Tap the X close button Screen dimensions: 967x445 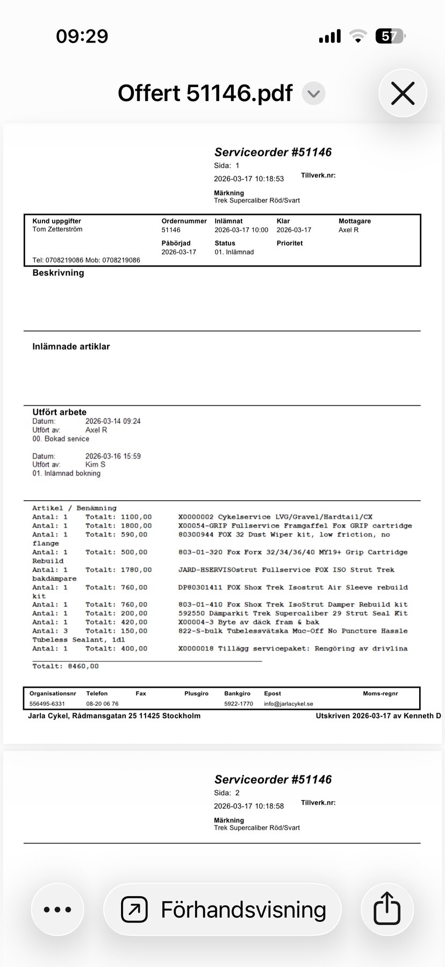pyautogui.click(x=403, y=93)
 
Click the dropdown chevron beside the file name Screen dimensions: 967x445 pyautogui.click(x=313, y=94)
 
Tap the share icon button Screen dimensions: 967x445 pyautogui.click(x=387, y=909)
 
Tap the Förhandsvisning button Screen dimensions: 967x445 pyautogui.click(x=223, y=909)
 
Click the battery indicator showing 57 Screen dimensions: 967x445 pyautogui.click(x=390, y=37)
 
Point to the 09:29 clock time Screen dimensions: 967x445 pyautogui.click(x=82, y=37)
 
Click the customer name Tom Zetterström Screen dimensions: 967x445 pyautogui.click(x=58, y=229)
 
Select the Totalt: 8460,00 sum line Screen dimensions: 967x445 pyautogui.click(x=66, y=666)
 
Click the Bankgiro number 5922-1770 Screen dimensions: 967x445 pyautogui.click(x=239, y=704)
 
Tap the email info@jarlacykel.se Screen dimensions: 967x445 pyautogui.click(x=289, y=704)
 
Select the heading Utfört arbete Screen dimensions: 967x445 pyautogui.click(x=59, y=412)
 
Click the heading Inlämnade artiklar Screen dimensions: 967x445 pyautogui.click(x=71, y=347)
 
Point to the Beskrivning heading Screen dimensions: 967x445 pyautogui.click(x=58, y=273)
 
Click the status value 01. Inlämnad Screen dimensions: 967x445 pyautogui.click(x=234, y=252)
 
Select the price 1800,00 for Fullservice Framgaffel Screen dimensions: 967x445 pyautogui.click(x=137, y=526)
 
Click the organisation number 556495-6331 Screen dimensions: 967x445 pyautogui.click(x=47, y=704)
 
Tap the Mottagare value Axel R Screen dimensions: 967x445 pyautogui.click(x=348, y=230)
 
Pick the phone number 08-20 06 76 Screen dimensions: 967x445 pyautogui.click(x=102, y=704)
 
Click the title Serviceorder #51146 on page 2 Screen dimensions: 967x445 pyautogui.click(x=273, y=780)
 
